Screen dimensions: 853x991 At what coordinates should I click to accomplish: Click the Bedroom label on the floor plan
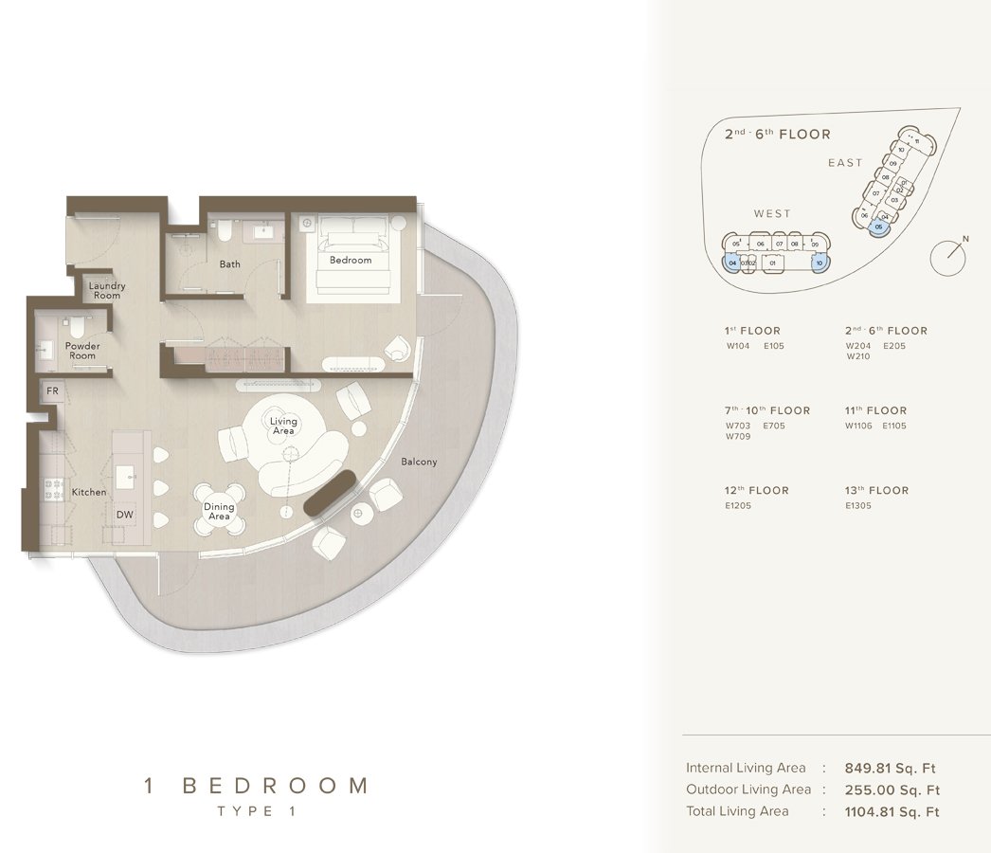(x=351, y=260)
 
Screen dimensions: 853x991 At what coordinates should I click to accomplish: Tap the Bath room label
(x=230, y=264)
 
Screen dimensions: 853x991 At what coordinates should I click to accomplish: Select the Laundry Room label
(x=107, y=290)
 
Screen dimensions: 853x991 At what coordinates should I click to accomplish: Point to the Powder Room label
(x=82, y=351)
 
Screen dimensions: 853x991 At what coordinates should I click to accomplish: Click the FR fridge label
(x=52, y=390)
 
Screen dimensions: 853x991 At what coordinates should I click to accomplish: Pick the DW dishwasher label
(x=124, y=515)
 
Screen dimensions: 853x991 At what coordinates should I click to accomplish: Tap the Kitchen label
(x=89, y=493)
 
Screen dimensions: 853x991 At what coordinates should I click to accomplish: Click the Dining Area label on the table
(x=219, y=512)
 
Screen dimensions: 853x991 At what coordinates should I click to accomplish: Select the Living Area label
(x=283, y=426)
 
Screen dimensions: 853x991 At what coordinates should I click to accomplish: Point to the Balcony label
(x=419, y=462)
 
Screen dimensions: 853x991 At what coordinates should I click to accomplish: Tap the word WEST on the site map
(x=772, y=214)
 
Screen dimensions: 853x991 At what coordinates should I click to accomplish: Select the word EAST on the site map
(x=845, y=163)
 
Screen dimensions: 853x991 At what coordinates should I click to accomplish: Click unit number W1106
(x=857, y=426)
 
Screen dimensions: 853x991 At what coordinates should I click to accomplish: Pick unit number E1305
(x=858, y=506)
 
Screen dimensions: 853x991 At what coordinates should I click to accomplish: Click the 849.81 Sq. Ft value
(x=892, y=768)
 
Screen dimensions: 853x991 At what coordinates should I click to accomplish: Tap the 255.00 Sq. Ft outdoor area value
(x=892, y=789)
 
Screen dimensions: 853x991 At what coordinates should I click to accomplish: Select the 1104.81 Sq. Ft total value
(x=892, y=811)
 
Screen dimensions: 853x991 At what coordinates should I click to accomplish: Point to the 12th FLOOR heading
(x=756, y=491)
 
